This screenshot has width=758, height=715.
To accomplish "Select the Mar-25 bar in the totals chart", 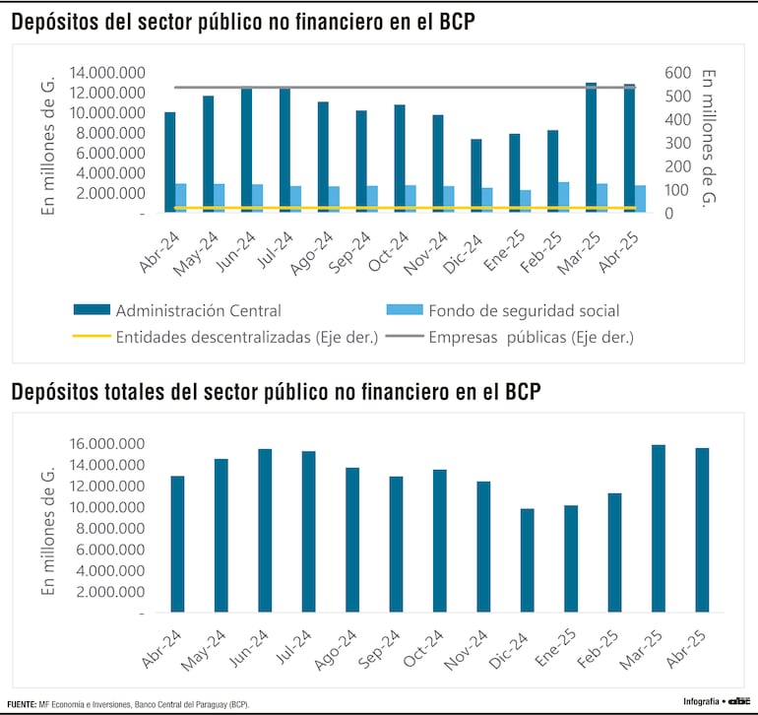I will click(658, 529).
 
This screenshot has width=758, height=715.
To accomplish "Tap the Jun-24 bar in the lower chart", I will click(265, 531).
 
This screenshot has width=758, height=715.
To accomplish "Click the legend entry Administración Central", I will click(197, 311).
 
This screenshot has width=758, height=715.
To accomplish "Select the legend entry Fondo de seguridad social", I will click(523, 311).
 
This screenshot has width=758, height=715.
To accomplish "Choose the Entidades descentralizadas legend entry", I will click(246, 337).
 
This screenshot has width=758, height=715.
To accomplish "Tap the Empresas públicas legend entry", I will click(531, 337).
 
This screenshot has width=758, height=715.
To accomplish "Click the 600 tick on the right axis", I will click(679, 72).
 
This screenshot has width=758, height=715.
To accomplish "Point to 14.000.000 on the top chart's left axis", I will click(107, 72).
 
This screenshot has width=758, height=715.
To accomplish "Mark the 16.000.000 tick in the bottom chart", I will click(107, 444).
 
